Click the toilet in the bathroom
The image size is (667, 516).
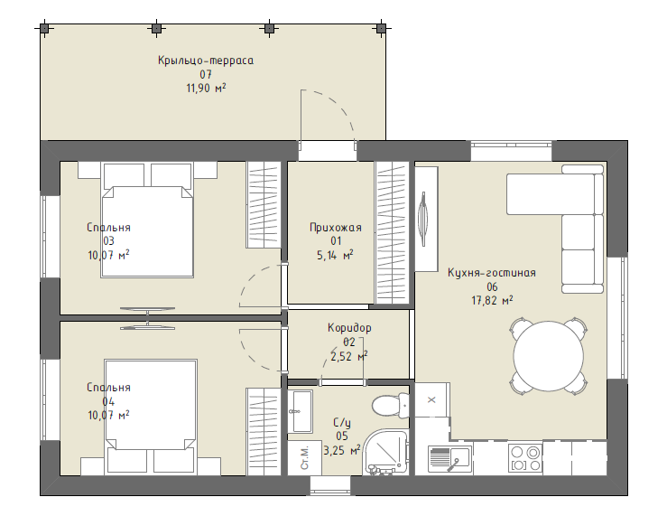[391, 405]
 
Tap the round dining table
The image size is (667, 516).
[549, 356]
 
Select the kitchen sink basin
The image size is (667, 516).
[450, 459]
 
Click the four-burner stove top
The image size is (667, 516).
[525, 458]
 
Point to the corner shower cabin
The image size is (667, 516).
[386, 452]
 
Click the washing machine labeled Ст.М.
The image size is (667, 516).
[304, 457]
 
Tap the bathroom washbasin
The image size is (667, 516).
[301, 411]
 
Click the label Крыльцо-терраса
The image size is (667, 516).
[206, 61]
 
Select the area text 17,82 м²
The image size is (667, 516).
[492, 301]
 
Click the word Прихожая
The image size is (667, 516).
[336, 228]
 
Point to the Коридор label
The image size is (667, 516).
[349, 328]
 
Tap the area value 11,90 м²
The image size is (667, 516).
[206, 89]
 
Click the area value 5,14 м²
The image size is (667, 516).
[335, 256]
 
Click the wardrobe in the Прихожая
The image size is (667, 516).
[392, 233]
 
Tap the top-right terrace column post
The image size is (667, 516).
[381, 29]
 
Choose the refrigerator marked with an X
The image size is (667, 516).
[431, 399]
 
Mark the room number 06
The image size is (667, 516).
[492, 287]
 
